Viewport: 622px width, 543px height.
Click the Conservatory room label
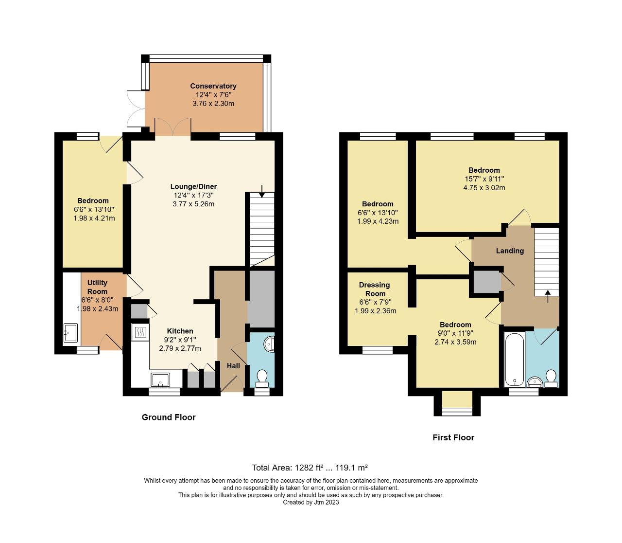point(213,86)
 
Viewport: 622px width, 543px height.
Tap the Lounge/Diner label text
point(193,186)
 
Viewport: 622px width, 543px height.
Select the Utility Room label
point(97,287)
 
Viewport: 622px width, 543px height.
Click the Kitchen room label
point(180,331)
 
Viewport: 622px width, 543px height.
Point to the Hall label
point(234,366)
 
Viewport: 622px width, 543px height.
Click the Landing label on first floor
point(510,251)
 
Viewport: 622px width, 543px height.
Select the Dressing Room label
point(374,289)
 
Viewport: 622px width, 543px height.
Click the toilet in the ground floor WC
point(262,377)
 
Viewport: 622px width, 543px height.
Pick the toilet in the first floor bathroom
point(551,378)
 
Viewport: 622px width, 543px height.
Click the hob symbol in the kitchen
point(140,332)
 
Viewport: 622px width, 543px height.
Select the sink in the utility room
point(71,333)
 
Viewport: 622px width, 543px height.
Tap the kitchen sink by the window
point(161,379)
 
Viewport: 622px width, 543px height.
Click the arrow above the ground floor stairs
point(262,191)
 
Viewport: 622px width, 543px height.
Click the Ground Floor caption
point(169,417)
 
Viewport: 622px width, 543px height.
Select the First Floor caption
point(453,437)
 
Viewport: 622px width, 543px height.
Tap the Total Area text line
point(310,468)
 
